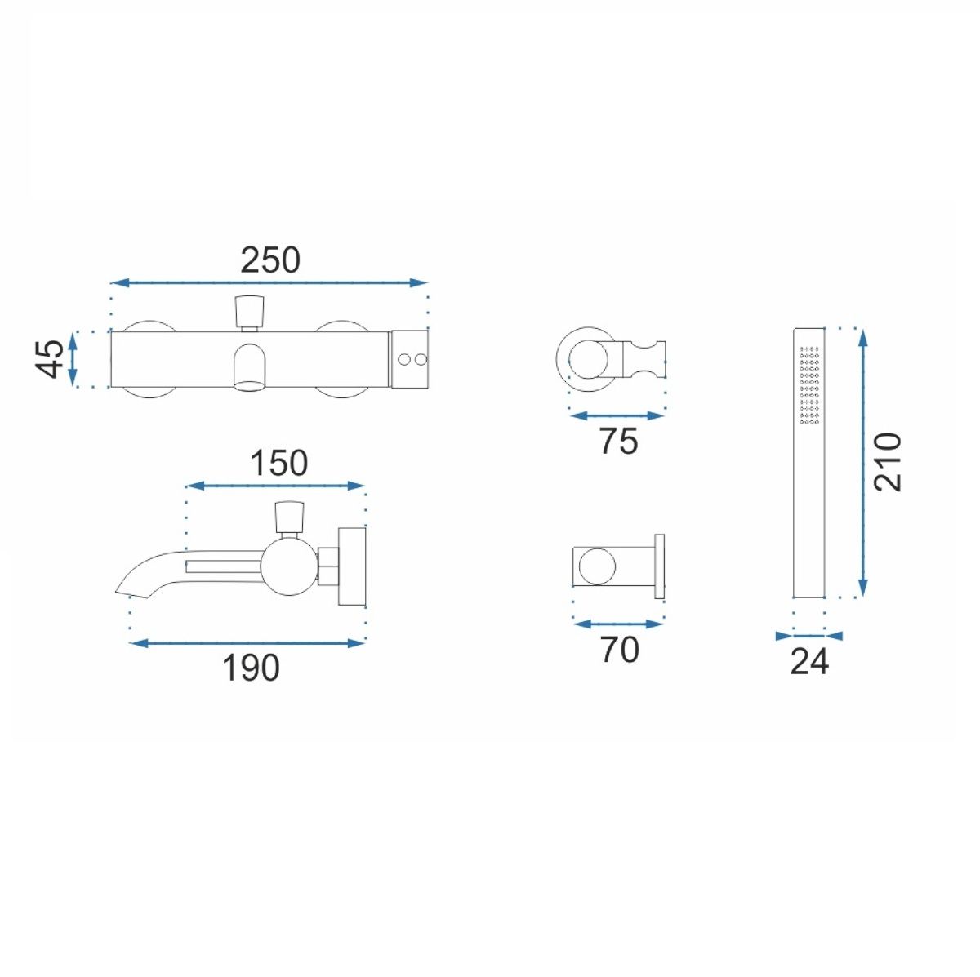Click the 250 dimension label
[270, 260]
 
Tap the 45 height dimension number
[51, 358]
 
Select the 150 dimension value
[279, 463]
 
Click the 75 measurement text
[618, 441]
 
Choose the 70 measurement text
[619, 650]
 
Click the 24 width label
[809, 661]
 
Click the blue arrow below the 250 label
[269, 282]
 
